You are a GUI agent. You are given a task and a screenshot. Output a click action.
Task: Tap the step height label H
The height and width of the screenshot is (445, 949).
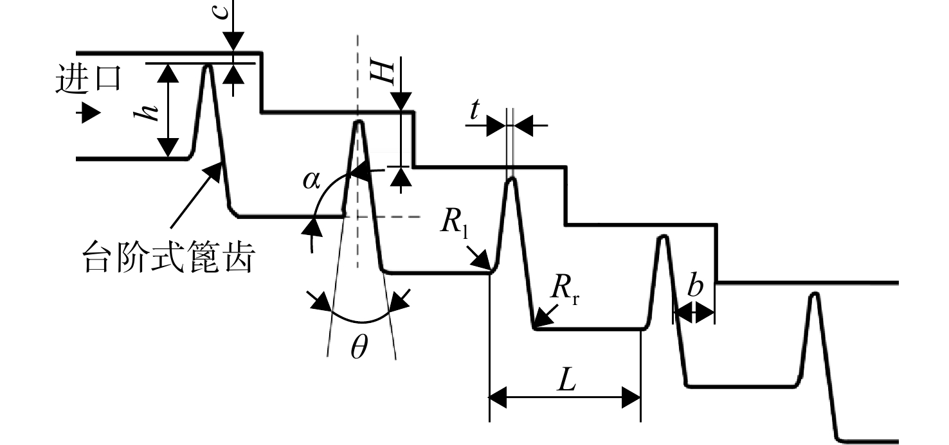(x=382, y=71)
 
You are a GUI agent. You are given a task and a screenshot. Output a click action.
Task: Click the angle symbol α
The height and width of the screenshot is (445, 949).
(x=311, y=180)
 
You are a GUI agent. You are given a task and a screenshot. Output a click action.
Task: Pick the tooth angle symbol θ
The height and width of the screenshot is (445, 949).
(x=359, y=347)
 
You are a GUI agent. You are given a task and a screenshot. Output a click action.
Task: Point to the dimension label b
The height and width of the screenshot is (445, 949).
(x=694, y=286)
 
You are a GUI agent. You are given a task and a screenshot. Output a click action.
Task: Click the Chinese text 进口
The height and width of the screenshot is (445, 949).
(x=89, y=78)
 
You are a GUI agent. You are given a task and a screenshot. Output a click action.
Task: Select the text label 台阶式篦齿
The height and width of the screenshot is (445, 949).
(x=168, y=256)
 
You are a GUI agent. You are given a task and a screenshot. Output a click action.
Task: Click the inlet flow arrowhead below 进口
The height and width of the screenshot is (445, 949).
(x=91, y=113)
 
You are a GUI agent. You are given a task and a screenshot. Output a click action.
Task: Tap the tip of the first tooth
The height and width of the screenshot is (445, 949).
(x=208, y=65)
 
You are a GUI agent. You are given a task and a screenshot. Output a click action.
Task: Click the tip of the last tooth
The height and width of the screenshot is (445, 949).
(x=814, y=293)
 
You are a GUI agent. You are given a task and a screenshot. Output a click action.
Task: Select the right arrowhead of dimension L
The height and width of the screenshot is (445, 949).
(x=631, y=397)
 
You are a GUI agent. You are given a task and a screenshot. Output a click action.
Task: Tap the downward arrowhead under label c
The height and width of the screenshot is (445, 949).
(x=233, y=42)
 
